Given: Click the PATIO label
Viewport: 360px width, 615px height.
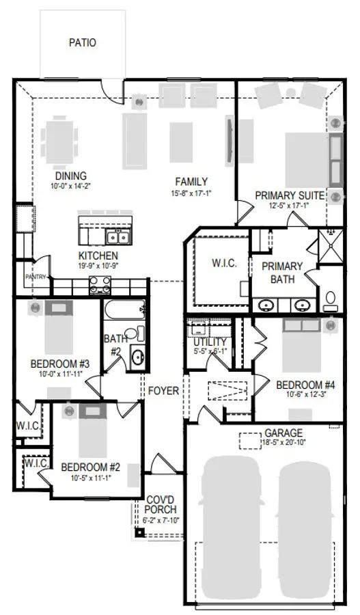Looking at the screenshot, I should pos(83,42).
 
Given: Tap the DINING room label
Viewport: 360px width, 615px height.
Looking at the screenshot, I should pos(70,175).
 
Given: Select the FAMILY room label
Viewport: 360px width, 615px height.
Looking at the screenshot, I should pos(191,182).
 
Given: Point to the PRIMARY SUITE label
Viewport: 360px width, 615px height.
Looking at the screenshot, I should pos(290,195).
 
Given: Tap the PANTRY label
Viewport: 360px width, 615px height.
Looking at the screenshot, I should pos(36,277).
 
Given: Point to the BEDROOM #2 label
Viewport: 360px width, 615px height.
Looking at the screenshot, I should pos(91,467).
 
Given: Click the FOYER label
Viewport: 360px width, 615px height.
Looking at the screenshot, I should pos(164,391).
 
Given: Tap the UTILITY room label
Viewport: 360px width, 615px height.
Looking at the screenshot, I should pos(210,342).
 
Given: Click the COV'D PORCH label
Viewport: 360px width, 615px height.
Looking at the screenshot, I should pos(161,505).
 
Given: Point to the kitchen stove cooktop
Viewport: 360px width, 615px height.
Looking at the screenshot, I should pos(99,287).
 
